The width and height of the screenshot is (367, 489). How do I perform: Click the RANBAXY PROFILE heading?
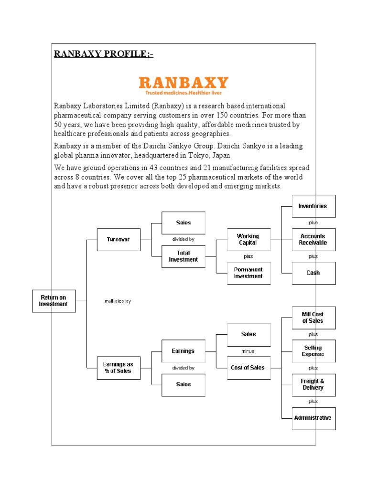pos(103,53)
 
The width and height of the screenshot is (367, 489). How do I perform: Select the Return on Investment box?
pos(54,301)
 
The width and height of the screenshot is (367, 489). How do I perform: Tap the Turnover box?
pos(119,239)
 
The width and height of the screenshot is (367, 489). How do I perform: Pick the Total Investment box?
pos(183,256)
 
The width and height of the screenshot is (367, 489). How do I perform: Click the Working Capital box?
pos(248,239)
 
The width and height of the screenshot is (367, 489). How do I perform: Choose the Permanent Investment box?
pos(248,273)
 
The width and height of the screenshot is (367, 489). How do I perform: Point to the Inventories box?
pos(313,206)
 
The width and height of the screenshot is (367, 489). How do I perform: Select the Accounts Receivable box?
pos(313,239)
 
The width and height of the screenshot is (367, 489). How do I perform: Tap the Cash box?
pos(313,273)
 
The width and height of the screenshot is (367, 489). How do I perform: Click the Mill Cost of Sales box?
pos(313,318)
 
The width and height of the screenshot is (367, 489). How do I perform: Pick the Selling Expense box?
pos(313,351)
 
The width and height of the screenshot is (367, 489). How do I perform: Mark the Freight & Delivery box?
pos(313,385)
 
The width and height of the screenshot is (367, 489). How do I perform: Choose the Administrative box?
pos(313,418)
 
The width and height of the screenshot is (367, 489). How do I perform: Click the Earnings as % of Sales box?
pos(119,368)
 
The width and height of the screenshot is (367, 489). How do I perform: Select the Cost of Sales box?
pos(248,368)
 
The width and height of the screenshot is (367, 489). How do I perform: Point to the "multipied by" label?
pos(118,301)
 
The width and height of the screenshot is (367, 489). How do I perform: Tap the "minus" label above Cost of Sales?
pos(248,351)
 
